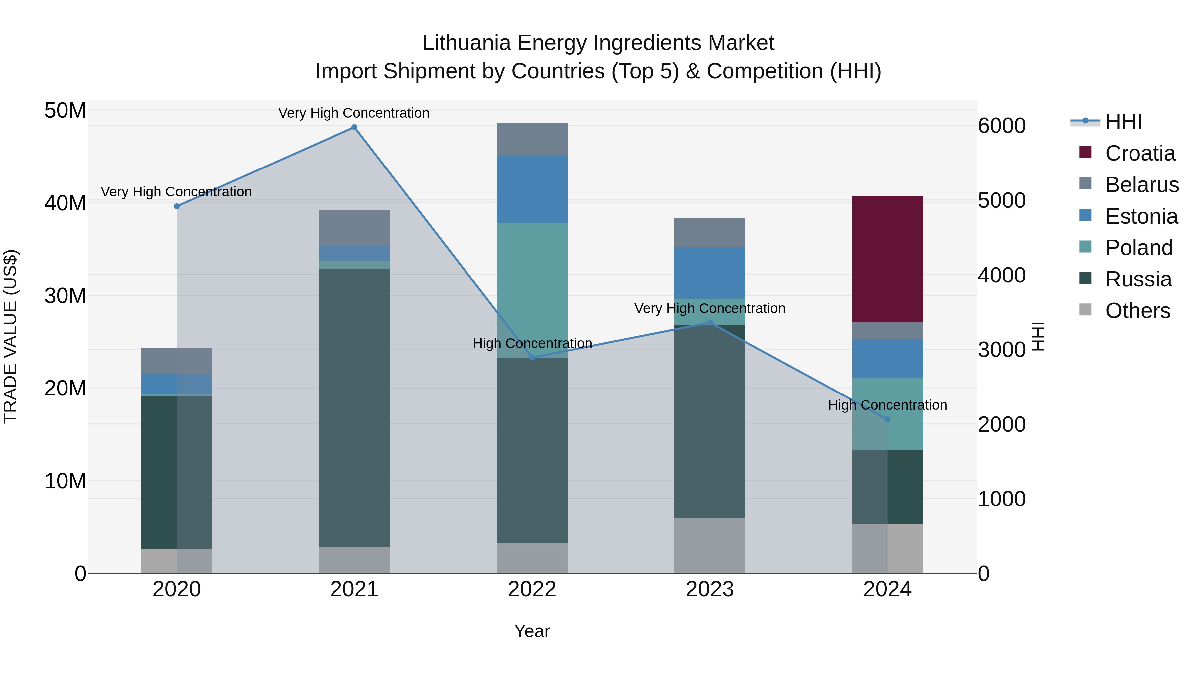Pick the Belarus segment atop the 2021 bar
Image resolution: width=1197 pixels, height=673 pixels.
pyautogui.click(x=354, y=228)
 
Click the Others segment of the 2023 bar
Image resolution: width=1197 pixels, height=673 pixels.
pyautogui.click(x=710, y=545)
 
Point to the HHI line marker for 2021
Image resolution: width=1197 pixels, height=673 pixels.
pyautogui.click(x=354, y=127)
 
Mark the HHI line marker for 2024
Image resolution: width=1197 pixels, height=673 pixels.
pyautogui.click(x=887, y=419)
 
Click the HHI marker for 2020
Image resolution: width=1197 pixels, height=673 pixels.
pyautogui.click(x=177, y=206)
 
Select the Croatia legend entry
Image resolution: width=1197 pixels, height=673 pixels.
pyautogui.click(x=1140, y=153)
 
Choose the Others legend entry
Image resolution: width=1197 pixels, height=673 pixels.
pyautogui.click(x=1137, y=311)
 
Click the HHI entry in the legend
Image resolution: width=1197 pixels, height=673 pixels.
pyautogui.click(x=1123, y=122)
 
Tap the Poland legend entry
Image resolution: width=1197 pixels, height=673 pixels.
pyautogui.click(x=1138, y=248)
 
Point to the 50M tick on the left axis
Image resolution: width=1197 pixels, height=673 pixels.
pyautogui.click(x=65, y=111)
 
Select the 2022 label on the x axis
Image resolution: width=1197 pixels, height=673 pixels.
pyautogui.click(x=532, y=589)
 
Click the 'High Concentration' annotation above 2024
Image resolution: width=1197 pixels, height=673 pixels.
pyautogui.click(x=887, y=405)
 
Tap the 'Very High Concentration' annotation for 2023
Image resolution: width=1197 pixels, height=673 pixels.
pyautogui.click(x=710, y=308)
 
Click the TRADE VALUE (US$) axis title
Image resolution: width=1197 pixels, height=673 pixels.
pyautogui.click(x=10, y=336)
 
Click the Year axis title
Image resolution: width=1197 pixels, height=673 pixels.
pyautogui.click(x=532, y=631)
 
